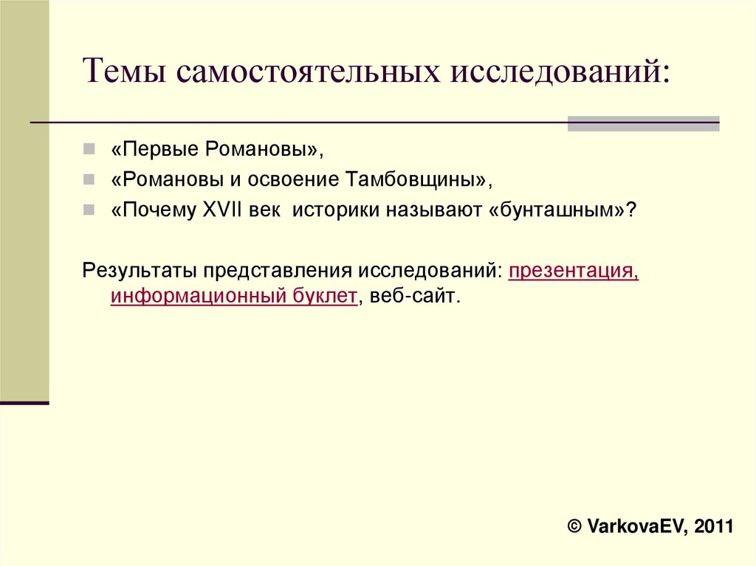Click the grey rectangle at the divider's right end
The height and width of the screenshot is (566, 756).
click(x=643, y=123)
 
